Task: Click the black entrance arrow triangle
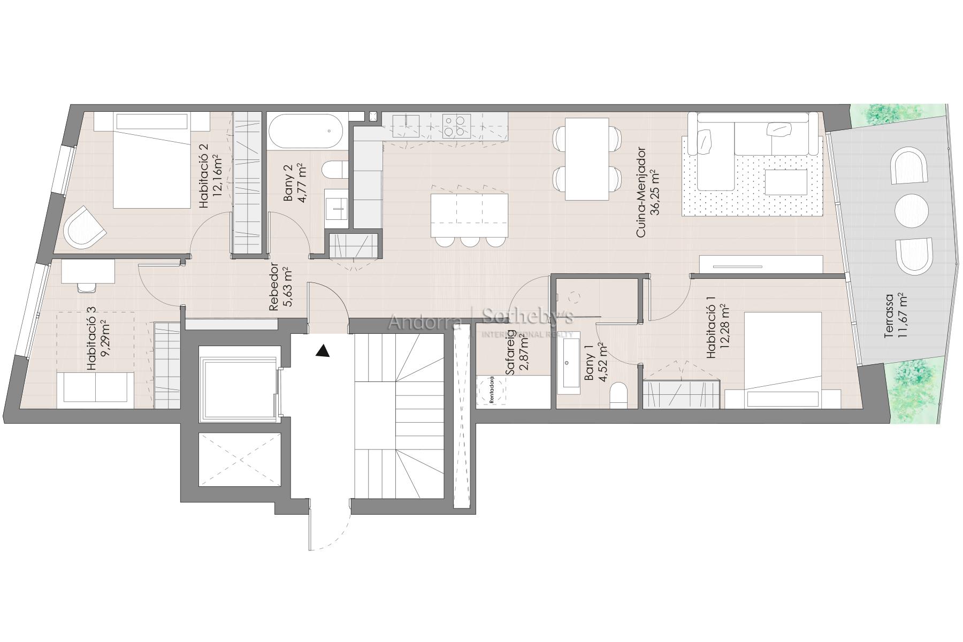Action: tap(322, 351)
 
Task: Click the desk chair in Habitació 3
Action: tap(87, 287)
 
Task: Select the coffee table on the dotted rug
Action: tap(786, 182)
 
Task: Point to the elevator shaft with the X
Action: tap(239, 460)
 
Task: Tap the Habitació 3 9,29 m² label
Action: tap(98, 338)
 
